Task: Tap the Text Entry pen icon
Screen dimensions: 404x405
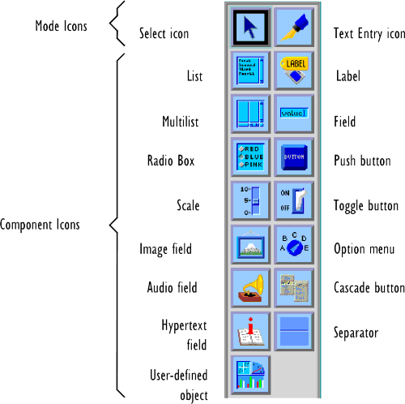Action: (294, 28)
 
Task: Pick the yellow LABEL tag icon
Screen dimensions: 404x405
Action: (294, 71)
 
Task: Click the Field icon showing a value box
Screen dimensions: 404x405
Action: (294, 114)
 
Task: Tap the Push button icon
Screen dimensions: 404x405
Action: (294, 157)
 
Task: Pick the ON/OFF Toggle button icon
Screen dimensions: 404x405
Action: (294, 200)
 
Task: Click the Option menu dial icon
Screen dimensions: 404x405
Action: (294, 243)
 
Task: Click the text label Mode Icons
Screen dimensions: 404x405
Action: (61, 27)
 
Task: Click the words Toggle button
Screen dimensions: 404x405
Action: (365, 206)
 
